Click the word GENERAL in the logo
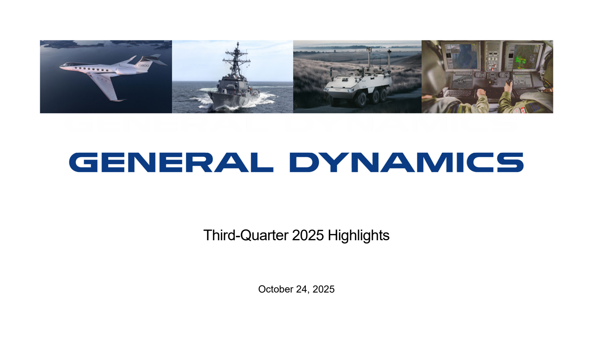[x=171, y=162]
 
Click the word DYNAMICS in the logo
[x=407, y=162]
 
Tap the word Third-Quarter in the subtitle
[x=246, y=235]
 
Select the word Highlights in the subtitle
[x=359, y=235]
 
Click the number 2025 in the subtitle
[x=308, y=235]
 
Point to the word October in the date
[x=275, y=289]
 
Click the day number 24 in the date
[x=302, y=289]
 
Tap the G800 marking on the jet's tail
[x=144, y=65]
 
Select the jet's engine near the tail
[x=125, y=71]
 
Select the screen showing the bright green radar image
[x=524, y=57]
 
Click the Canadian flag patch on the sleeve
[x=523, y=110]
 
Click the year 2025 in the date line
[x=324, y=289]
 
